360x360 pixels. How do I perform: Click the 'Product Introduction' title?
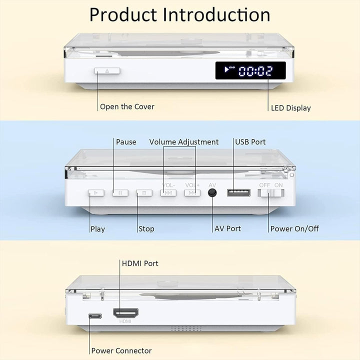pyautogui.click(x=180, y=14)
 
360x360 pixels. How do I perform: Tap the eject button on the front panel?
pyautogui.click(x=107, y=70)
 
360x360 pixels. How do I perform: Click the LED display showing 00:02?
pyautogui.click(x=250, y=70)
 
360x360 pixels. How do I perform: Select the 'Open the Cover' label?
pyautogui.click(x=127, y=106)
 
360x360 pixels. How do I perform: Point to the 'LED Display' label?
pyautogui.click(x=290, y=108)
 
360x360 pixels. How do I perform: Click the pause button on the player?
pyautogui.click(x=120, y=192)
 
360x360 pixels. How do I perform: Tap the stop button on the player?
pyautogui.click(x=144, y=192)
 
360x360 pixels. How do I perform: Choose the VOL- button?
pyautogui.click(x=168, y=192)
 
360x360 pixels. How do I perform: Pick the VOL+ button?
pyautogui.click(x=192, y=192)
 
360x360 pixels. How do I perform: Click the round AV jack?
pyautogui.click(x=212, y=192)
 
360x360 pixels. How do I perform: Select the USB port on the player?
pyautogui.click(x=238, y=192)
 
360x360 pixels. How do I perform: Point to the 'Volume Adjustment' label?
pyautogui.click(x=183, y=142)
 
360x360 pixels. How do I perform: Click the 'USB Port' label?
pyautogui.click(x=250, y=142)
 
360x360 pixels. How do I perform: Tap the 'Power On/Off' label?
pyautogui.click(x=294, y=229)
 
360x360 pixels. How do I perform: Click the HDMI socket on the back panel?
pyautogui.click(x=125, y=313)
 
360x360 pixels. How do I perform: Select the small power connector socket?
pyautogui.click(x=94, y=316)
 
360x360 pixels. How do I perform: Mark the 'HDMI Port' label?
pyautogui.click(x=140, y=263)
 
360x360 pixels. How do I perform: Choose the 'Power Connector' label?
pyautogui.click(x=121, y=351)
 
